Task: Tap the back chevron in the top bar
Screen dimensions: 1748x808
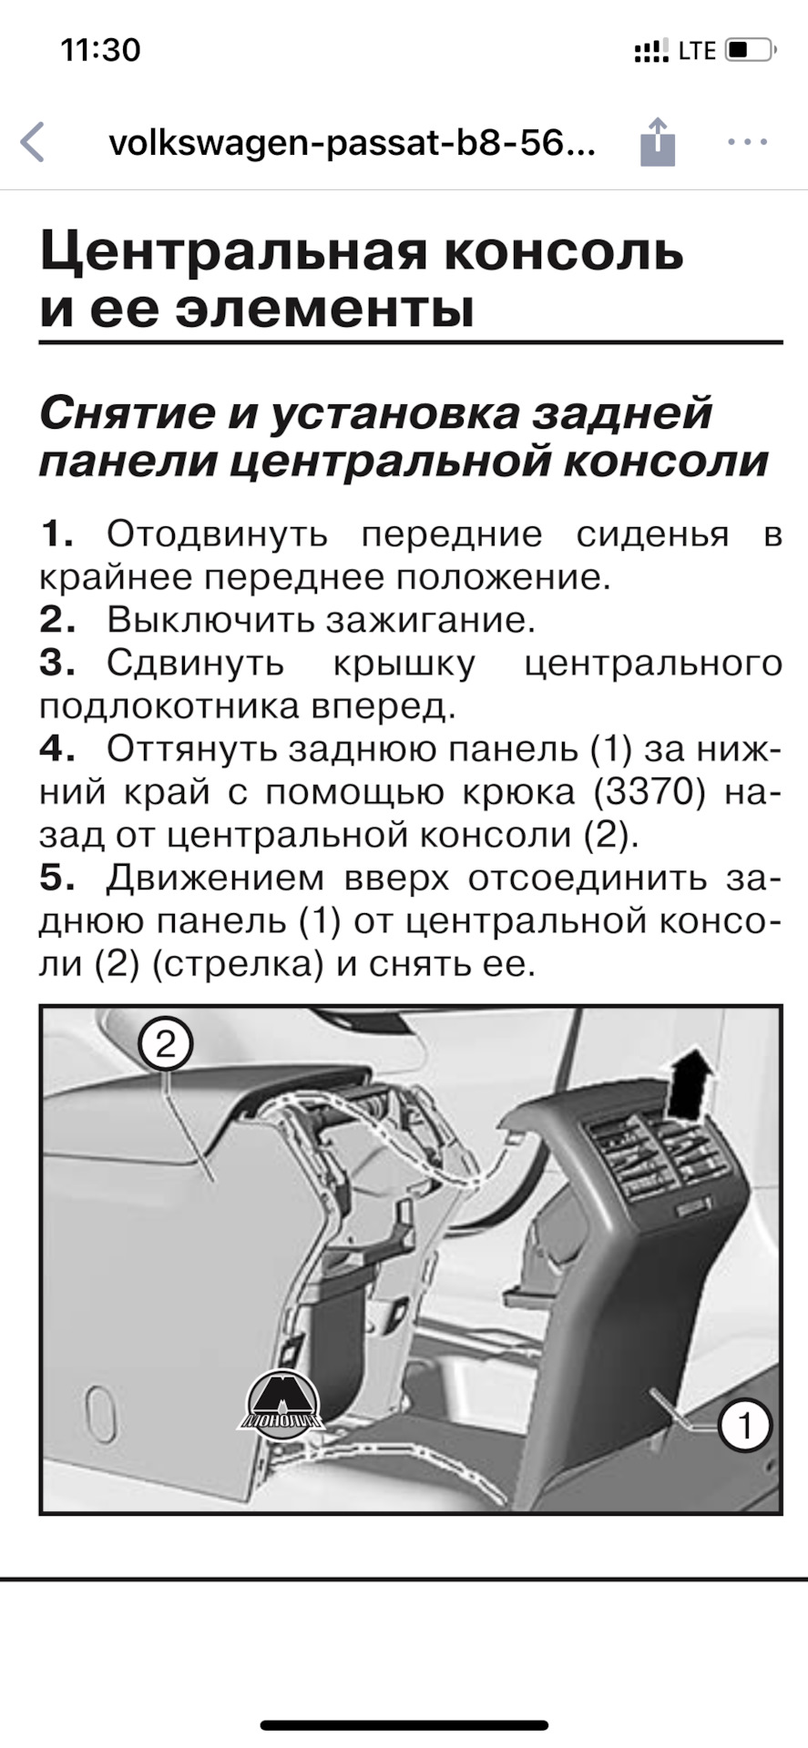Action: [x=33, y=142]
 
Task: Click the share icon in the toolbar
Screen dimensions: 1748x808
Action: [x=657, y=142]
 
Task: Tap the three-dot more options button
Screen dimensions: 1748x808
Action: [x=747, y=142]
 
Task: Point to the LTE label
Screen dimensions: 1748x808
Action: [x=697, y=50]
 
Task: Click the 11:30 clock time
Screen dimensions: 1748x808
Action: [x=101, y=49]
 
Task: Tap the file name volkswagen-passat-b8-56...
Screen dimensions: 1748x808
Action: [x=353, y=143]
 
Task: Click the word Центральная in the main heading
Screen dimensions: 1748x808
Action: [x=232, y=251]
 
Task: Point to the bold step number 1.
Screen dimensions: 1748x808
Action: [x=56, y=534]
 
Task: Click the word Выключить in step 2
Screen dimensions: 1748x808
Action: [x=209, y=620]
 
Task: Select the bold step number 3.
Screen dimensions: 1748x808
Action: [x=56, y=663]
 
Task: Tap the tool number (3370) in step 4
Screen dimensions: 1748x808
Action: [x=649, y=792]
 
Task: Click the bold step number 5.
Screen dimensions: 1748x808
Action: [x=56, y=878]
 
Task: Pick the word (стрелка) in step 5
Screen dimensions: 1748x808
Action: [x=238, y=964]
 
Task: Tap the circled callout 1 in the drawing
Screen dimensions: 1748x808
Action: [x=744, y=1425]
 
